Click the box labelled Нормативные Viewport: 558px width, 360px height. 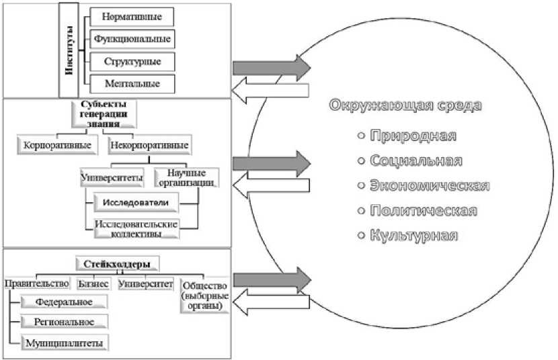[x=130, y=15]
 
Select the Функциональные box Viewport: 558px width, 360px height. [x=130, y=38]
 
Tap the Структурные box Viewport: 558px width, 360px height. [x=130, y=61]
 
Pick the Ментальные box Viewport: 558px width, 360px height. [x=130, y=84]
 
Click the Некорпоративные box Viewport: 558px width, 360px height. [x=148, y=144]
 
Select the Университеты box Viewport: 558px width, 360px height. [x=112, y=179]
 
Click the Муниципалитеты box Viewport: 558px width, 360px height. [x=65, y=343]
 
